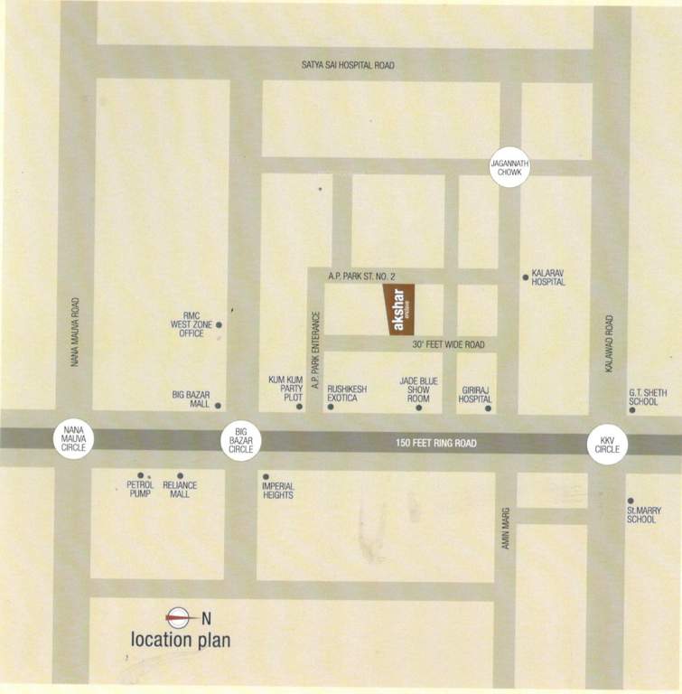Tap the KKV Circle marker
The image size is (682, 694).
[x=606, y=445]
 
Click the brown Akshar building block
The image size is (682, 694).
[x=400, y=310]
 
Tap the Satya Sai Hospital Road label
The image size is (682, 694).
[x=349, y=65]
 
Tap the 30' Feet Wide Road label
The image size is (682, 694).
[x=449, y=344]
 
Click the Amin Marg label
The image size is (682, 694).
[x=507, y=527]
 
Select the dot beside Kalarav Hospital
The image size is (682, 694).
[x=525, y=277]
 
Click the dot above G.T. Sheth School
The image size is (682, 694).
[x=631, y=411]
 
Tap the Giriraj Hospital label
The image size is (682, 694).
[x=476, y=394]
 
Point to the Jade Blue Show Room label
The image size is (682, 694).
[x=418, y=389]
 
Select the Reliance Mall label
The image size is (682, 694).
[x=180, y=490]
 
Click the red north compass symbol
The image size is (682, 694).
[x=177, y=618]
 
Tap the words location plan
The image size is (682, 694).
[x=181, y=641]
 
